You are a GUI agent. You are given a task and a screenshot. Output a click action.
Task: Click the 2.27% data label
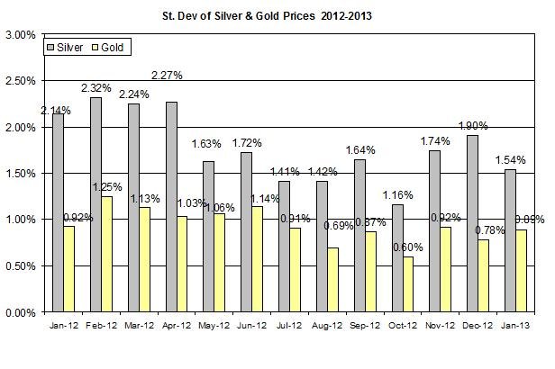coord(168,76)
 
